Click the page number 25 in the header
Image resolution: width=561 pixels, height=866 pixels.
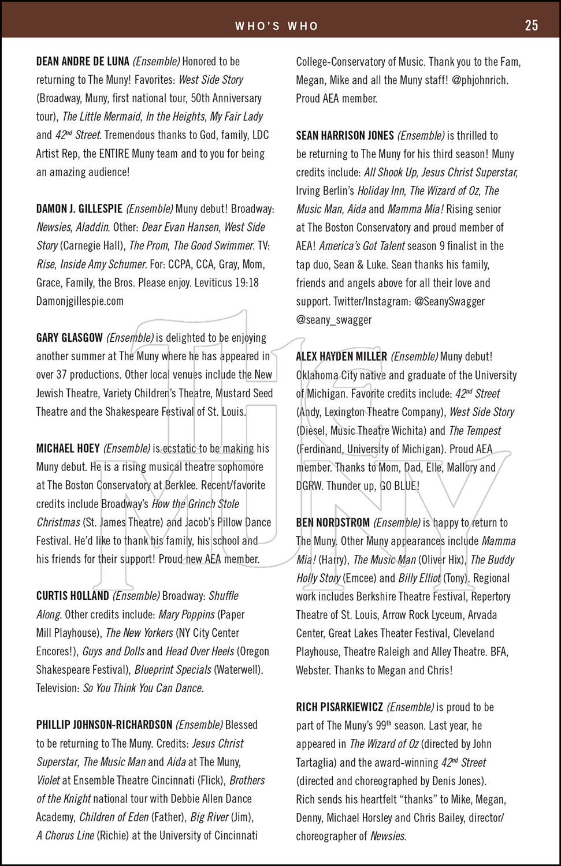point(531,25)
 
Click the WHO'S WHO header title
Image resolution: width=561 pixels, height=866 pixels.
point(277,26)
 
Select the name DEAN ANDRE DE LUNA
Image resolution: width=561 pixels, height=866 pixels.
point(83,61)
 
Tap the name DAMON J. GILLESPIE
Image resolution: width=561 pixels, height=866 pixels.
point(79,209)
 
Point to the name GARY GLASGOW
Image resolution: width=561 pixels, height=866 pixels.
point(69,338)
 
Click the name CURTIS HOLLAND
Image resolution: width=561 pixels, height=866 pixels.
point(72,596)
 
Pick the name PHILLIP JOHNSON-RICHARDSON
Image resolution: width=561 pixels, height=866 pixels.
point(104,725)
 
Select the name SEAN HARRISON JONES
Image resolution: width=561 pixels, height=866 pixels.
point(345,136)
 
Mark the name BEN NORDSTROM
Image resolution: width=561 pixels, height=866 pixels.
point(333,523)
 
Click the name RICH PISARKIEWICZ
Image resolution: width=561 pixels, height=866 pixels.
point(339,707)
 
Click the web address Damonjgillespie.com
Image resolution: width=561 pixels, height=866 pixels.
point(80,301)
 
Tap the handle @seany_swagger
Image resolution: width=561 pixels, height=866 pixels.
point(334,320)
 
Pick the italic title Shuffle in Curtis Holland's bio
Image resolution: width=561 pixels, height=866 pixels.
point(224,596)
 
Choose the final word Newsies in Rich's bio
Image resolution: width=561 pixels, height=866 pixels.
point(388,836)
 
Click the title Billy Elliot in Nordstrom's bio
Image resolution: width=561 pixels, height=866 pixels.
point(419,578)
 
